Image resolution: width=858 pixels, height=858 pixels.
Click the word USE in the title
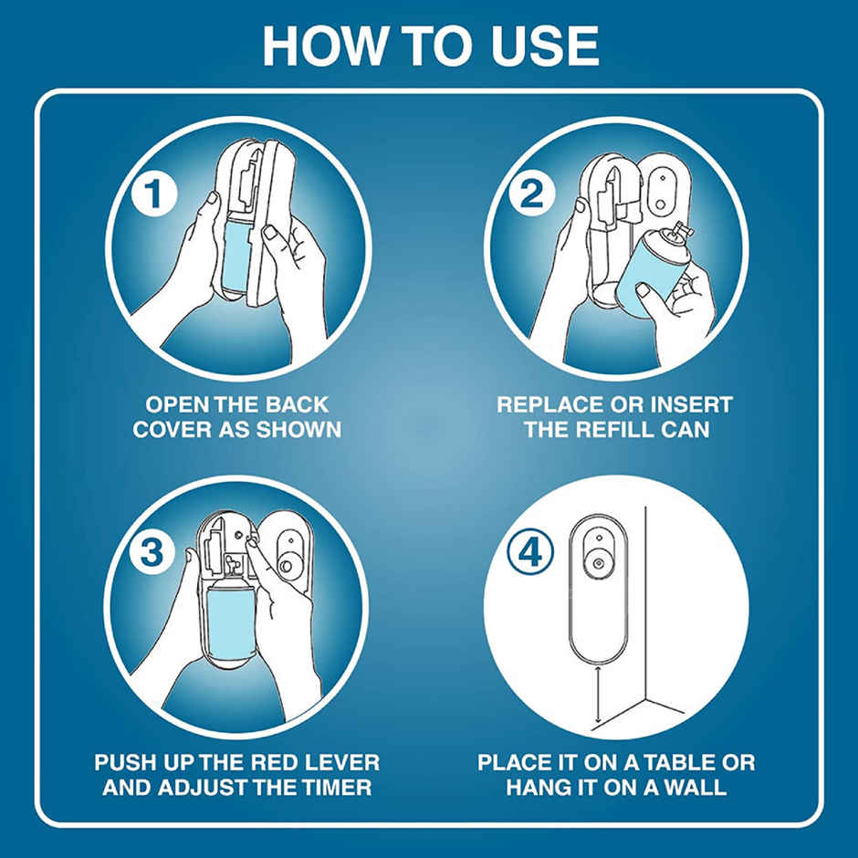544,46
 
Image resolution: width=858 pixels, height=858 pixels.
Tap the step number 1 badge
153,194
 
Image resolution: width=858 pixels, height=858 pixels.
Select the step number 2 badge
532,194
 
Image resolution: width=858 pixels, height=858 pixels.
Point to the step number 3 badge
152,551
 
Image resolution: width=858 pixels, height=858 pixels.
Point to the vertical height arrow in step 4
598,694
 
